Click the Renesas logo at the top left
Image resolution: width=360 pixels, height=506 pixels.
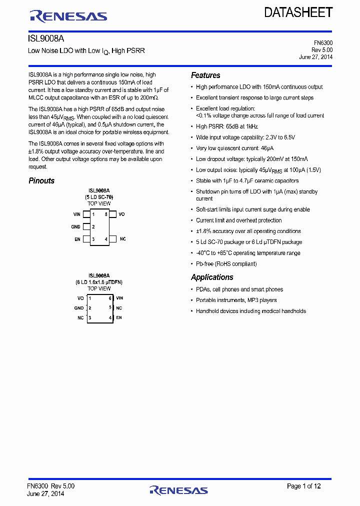coord(68,16)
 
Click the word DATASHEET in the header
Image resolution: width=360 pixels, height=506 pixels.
coord(298,12)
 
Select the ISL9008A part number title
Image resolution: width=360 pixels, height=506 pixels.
coord(46,38)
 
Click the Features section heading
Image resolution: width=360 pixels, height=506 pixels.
coord(205,75)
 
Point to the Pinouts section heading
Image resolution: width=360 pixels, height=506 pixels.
coord(41,181)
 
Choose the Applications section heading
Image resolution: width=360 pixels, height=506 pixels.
coord(212,277)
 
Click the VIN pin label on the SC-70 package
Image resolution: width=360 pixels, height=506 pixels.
coord(76,214)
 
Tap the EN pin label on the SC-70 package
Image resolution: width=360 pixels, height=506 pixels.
coord(77,239)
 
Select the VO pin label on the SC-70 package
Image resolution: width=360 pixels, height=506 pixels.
coord(121,214)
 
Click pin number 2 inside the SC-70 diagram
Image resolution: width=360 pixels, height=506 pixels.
coord(93,227)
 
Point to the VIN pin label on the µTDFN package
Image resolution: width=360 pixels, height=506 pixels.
coord(119,298)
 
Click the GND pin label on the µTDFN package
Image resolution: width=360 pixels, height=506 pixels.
coord(79,308)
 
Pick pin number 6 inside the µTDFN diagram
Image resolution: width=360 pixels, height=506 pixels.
coord(110,298)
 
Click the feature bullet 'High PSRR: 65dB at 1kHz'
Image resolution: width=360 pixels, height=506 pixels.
coord(227,127)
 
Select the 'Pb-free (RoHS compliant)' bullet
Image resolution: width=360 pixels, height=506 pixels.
coord(226,264)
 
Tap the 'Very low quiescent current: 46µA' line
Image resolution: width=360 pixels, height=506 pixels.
coord(234,148)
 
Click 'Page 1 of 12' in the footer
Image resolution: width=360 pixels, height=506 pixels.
coord(303,486)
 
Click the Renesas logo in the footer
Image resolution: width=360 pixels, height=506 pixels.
coord(178,490)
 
